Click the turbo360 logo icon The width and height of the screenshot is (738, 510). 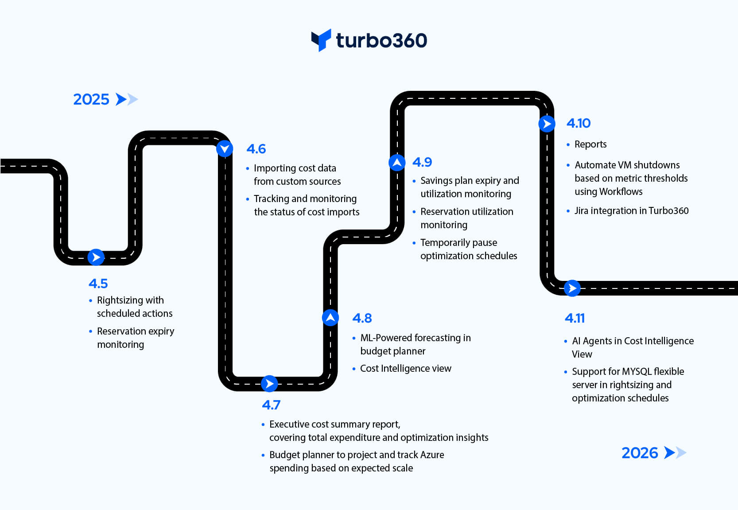click(x=321, y=40)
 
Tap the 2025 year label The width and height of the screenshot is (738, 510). click(x=91, y=99)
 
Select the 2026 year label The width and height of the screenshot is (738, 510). click(x=640, y=453)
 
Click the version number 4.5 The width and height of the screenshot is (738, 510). click(x=98, y=284)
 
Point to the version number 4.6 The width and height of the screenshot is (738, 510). click(x=256, y=149)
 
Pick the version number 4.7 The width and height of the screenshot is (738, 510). click(x=271, y=405)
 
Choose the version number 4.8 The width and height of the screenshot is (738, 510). click(x=362, y=318)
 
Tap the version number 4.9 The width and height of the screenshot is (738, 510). click(x=422, y=162)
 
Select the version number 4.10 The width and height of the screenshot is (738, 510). click(x=579, y=123)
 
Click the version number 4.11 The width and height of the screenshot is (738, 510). click(x=575, y=318)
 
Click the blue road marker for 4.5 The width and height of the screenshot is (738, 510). click(x=96, y=257)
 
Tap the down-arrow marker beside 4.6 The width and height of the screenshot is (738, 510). click(x=225, y=148)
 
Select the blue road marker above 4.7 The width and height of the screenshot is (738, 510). click(x=269, y=383)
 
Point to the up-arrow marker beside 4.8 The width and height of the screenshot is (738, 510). click(x=330, y=317)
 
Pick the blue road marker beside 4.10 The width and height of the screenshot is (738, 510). click(x=547, y=124)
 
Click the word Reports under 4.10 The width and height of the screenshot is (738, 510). click(x=590, y=144)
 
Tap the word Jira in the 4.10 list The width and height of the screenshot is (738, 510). click(x=581, y=211)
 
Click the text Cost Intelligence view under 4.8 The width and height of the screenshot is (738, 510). click(x=405, y=369)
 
